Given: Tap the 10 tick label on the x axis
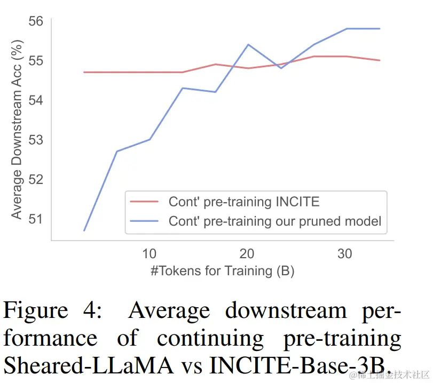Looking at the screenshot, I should pyautogui.click(x=149, y=253).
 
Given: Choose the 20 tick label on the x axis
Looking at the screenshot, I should pyautogui.click(x=247, y=253).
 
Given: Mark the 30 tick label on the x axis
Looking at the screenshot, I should pyautogui.click(x=345, y=253).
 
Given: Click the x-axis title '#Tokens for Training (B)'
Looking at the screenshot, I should pyautogui.click(x=222, y=271).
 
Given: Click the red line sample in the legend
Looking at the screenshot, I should pyautogui.click(x=145, y=202).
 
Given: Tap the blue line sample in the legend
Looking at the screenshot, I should pyautogui.click(x=145, y=221).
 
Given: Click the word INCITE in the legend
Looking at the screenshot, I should pyautogui.click(x=297, y=202).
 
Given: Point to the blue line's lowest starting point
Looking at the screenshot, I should pyautogui.click(x=84, y=230).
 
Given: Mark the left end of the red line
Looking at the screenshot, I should pyautogui.click(x=84, y=72).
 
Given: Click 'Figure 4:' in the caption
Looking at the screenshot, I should pyautogui.click(x=52, y=311).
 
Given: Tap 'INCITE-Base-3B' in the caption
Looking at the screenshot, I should pyautogui.click(x=300, y=366).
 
